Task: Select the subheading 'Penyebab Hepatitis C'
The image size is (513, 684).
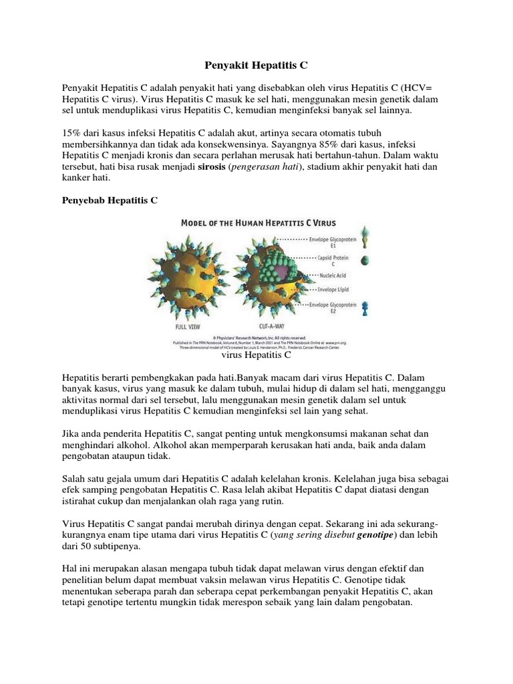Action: [109, 200]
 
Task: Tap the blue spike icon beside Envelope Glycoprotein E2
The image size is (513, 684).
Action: [365, 308]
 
